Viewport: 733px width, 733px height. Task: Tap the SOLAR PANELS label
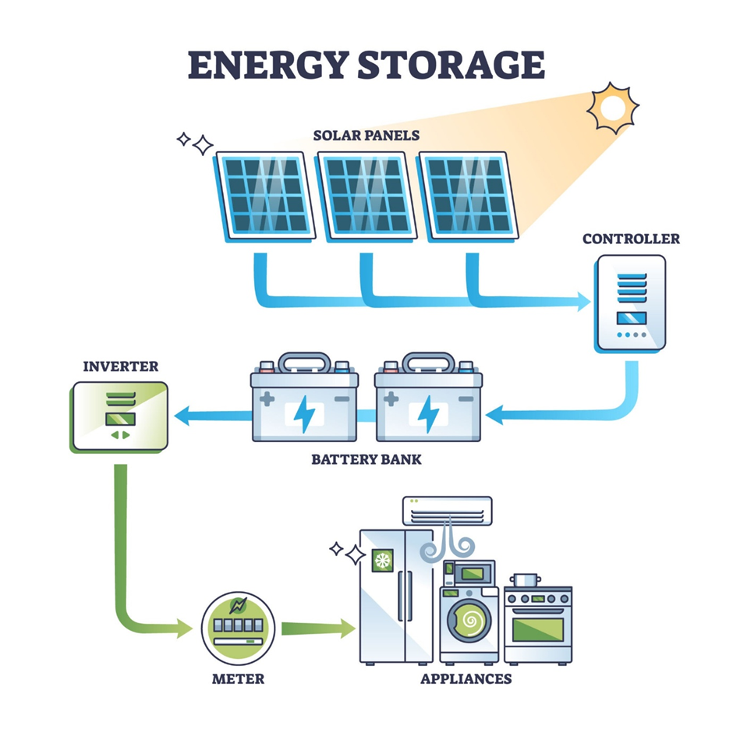coord(366,136)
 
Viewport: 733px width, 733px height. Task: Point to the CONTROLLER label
coord(631,239)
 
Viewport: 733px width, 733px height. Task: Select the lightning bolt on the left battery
coord(303,414)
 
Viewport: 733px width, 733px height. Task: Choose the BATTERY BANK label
coord(366,459)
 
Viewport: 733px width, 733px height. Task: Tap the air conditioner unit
coord(447,510)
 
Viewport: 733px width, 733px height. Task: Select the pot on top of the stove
coord(526,580)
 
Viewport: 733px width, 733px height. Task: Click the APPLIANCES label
coord(466,678)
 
